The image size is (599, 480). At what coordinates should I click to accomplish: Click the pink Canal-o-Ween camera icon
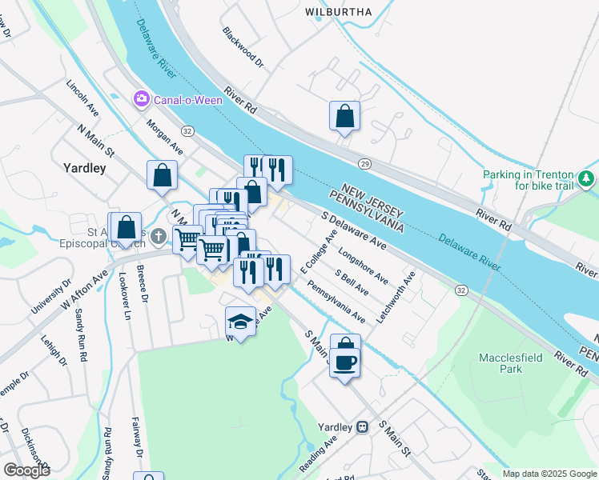click(x=142, y=98)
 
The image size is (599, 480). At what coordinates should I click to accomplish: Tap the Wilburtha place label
click(x=338, y=12)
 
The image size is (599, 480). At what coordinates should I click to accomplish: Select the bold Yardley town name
click(x=84, y=168)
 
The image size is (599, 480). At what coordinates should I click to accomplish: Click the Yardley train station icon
click(x=363, y=426)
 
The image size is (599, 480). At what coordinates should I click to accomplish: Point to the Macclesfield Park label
click(x=511, y=363)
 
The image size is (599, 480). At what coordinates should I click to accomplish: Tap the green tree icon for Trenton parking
click(x=588, y=177)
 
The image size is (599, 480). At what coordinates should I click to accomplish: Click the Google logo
click(x=26, y=470)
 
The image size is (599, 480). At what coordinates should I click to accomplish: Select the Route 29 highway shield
click(x=364, y=163)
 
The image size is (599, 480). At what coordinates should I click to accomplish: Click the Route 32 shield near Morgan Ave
click(x=187, y=130)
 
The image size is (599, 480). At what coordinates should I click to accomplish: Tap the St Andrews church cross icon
click(x=159, y=236)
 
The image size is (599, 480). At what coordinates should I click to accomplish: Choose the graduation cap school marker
click(x=240, y=322)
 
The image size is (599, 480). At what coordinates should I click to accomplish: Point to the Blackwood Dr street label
click(x=243, y=47)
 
